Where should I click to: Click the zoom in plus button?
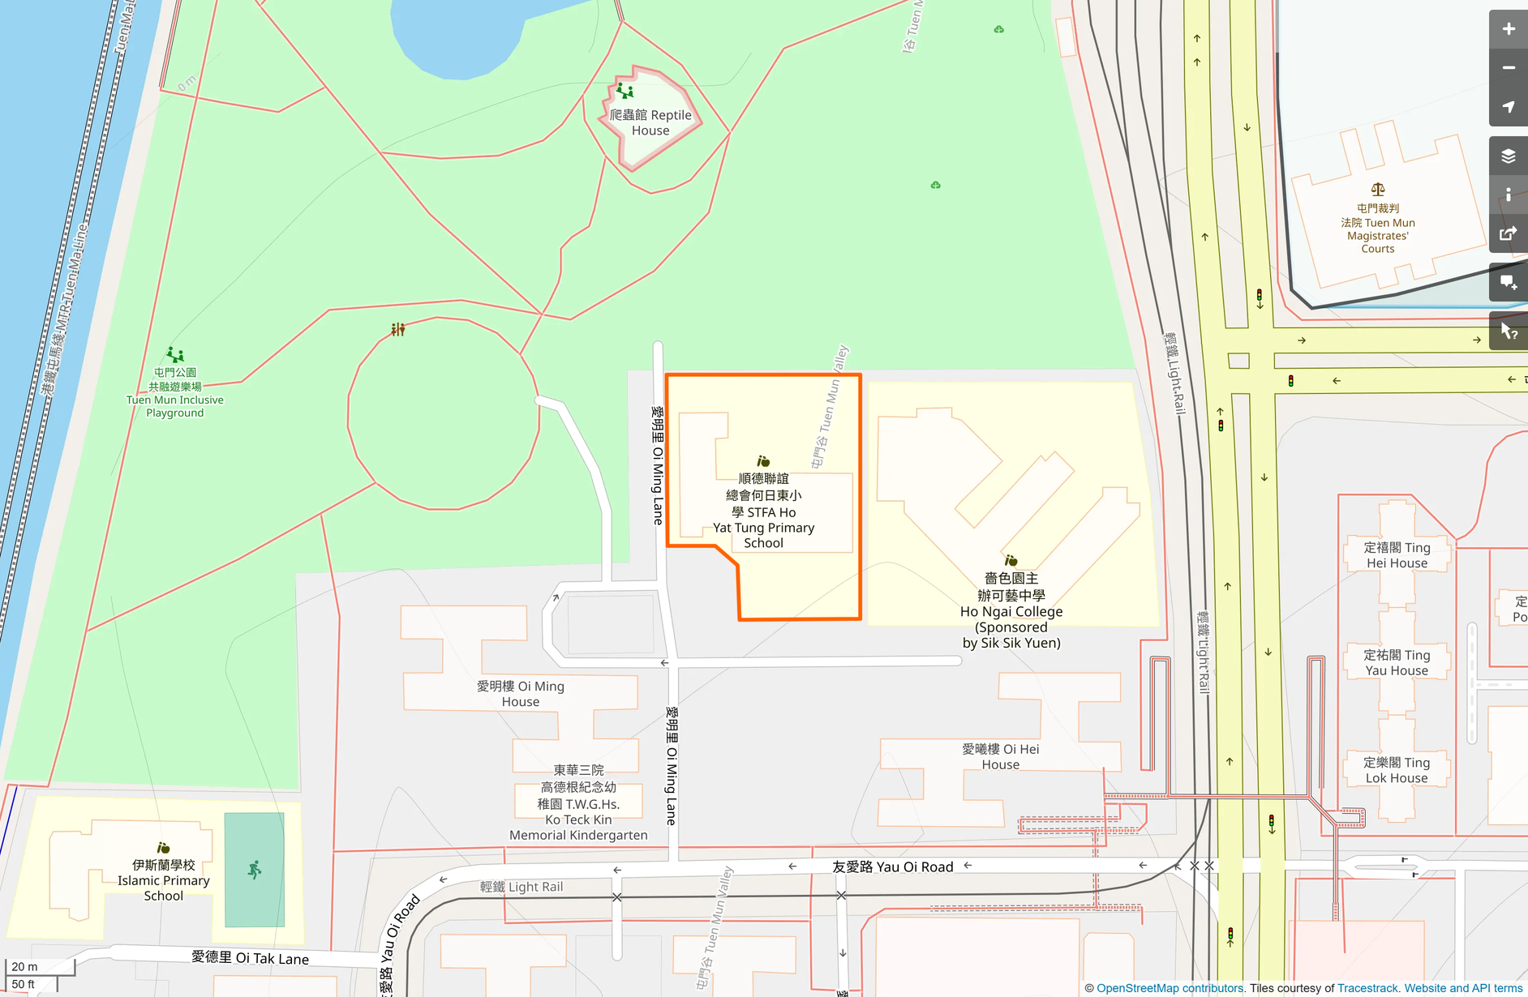(1508, 29)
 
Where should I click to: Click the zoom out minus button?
(1508, 68)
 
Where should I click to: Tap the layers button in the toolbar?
(1508, 156)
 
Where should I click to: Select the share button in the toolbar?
(1508, 234)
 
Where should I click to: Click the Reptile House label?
(650, 122)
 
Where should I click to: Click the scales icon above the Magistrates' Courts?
(1377, 190)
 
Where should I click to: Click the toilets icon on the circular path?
(397, 329)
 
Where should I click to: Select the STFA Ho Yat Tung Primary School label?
(763, 511)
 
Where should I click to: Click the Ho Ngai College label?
(1011, 610)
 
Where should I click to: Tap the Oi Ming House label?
(520, 694)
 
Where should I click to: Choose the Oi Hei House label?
(1000, 756)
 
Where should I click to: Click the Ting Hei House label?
(1396, 555)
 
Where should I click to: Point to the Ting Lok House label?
(1396, 770)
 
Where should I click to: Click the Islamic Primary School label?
(164, 880)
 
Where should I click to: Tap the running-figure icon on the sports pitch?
(255, 870)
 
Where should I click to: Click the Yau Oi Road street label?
(892, 866)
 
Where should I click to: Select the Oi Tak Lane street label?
(250, 958)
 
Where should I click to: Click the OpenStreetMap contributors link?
(1170, 988)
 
